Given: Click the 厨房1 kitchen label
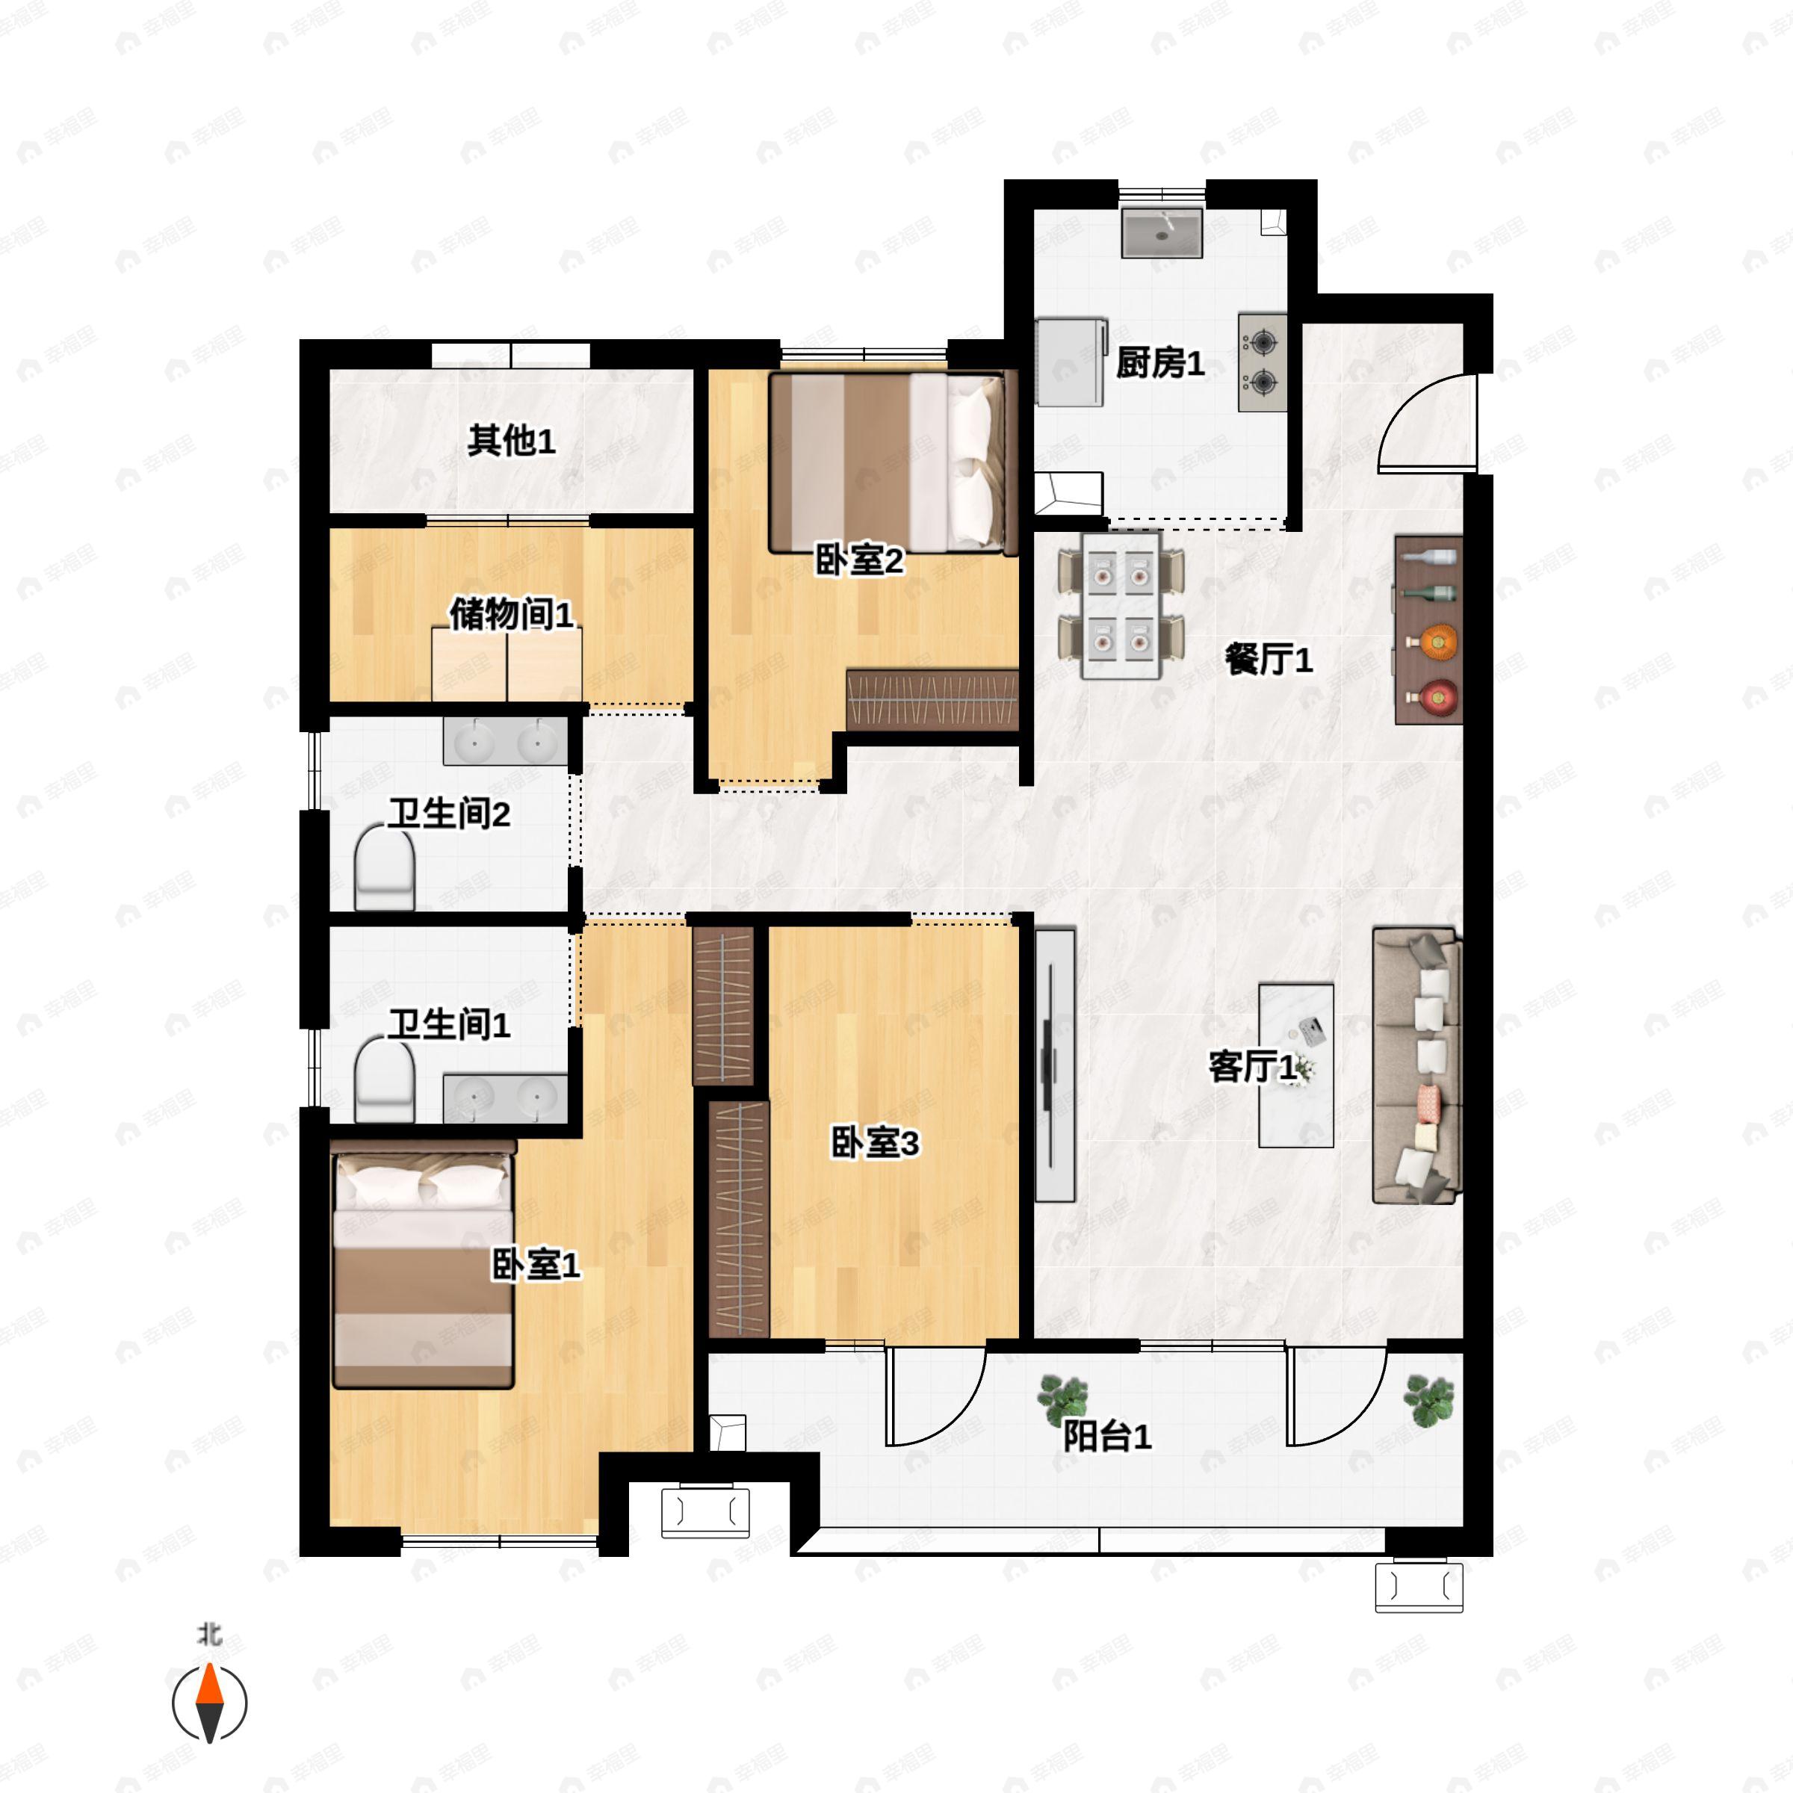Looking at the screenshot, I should point(1159,363).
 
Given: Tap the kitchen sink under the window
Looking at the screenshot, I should point(1162,233).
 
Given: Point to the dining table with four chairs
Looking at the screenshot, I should point(1121,604).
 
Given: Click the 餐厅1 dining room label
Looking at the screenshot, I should point(1268,660).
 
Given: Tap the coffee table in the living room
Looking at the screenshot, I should point(1295,1065).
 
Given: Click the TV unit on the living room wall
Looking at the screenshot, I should point(1054,1065).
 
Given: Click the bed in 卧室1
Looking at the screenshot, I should point(422,1269).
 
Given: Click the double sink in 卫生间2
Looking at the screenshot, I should point(505,742).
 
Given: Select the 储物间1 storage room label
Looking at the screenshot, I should point(511,613).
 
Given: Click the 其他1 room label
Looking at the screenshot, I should point(511,440).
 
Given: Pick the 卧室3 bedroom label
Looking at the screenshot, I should point(874,1143).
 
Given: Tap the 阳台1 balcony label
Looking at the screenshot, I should point(1106,1437).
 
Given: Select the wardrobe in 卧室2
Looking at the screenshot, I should point(932,698).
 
